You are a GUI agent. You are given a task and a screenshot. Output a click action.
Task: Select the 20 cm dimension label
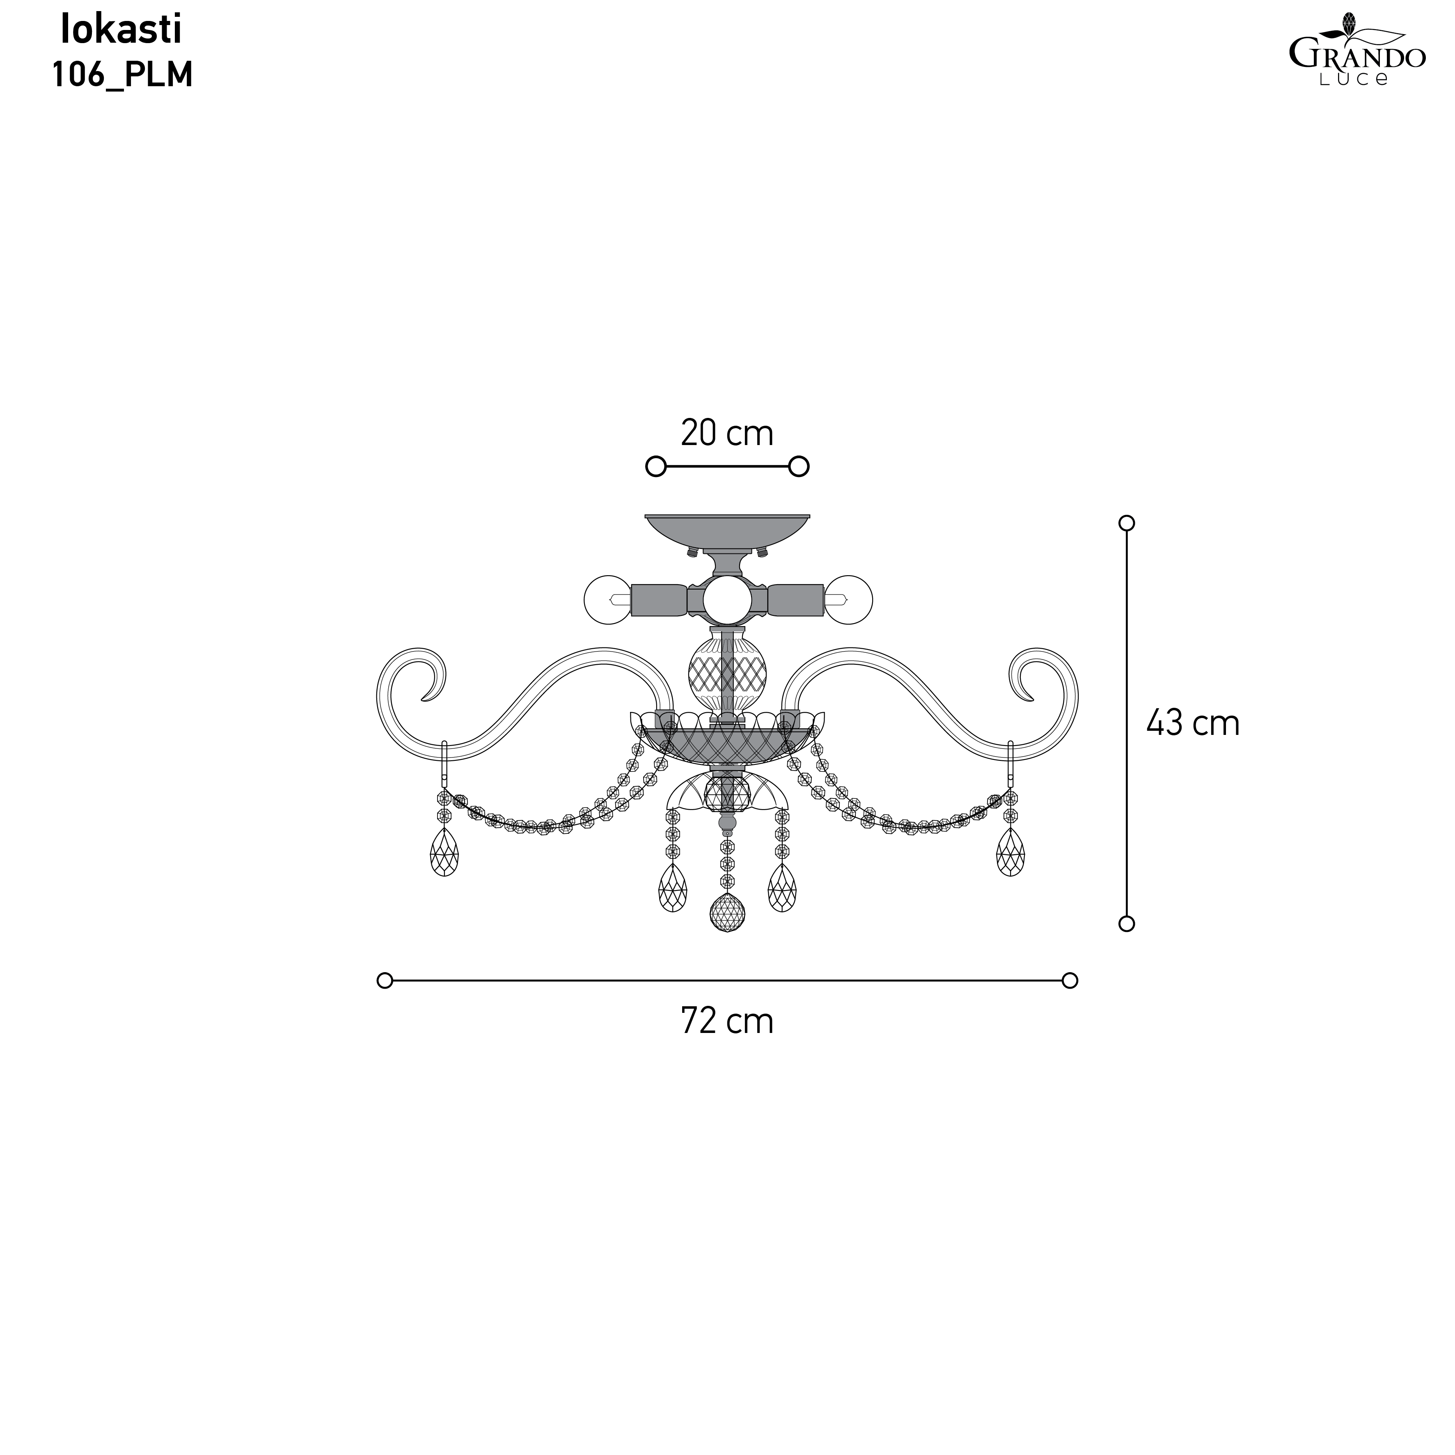[727, 433]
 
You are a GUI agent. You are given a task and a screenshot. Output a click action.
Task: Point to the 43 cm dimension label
[1193, 723]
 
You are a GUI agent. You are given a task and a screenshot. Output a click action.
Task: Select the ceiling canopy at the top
[727, 533]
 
